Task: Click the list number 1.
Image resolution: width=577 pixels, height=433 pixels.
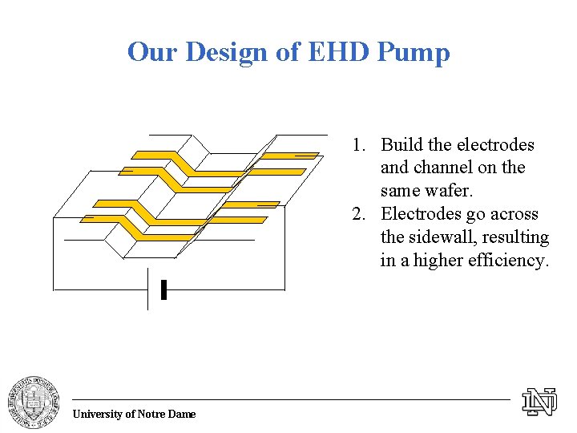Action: (357, 145)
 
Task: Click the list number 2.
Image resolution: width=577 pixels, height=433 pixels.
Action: (357, 215)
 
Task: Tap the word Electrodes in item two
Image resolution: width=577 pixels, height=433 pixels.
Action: (419, 215)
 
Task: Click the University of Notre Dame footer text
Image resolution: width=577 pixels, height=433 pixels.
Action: (134, 414)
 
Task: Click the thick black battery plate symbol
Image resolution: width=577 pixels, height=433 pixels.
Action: (163, 289)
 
